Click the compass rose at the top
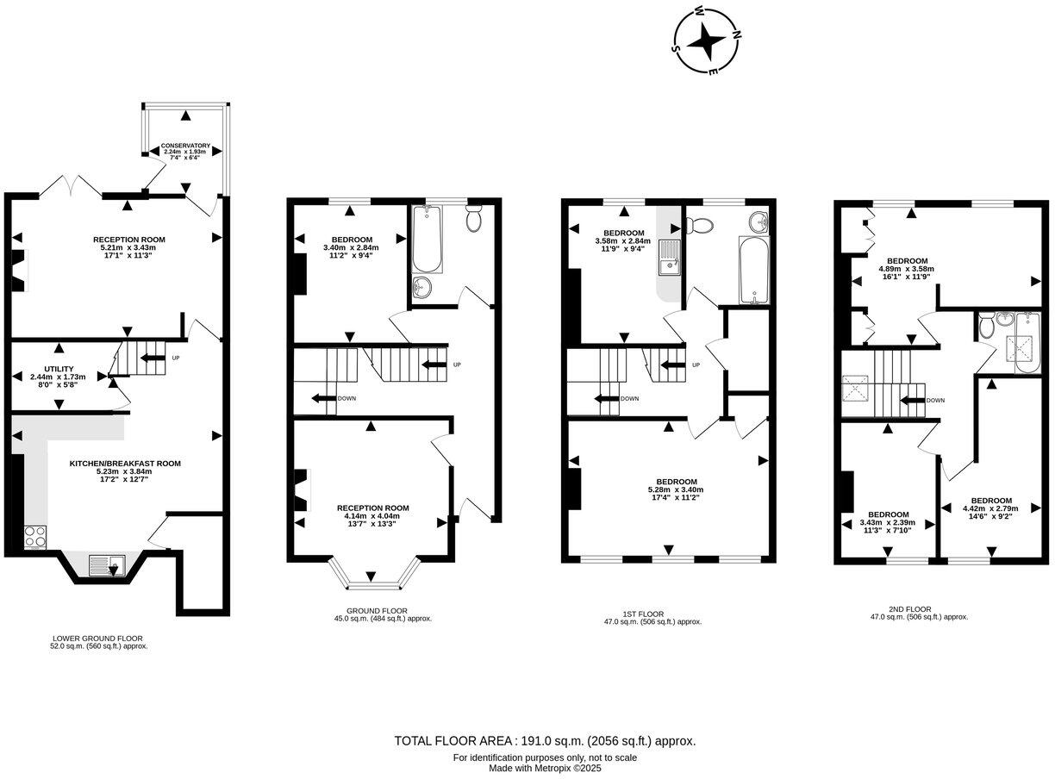(x=708, y=40)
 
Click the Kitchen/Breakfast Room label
(x=125, y=468)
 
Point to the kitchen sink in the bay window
(x=107, y=565)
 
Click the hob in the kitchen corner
(x=35, y=538)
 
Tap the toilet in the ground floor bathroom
(x=473, y=220)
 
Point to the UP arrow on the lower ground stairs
(x=153, y=358)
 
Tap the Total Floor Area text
(x=545, y=741)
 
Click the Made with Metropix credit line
(x=545, y=768)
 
